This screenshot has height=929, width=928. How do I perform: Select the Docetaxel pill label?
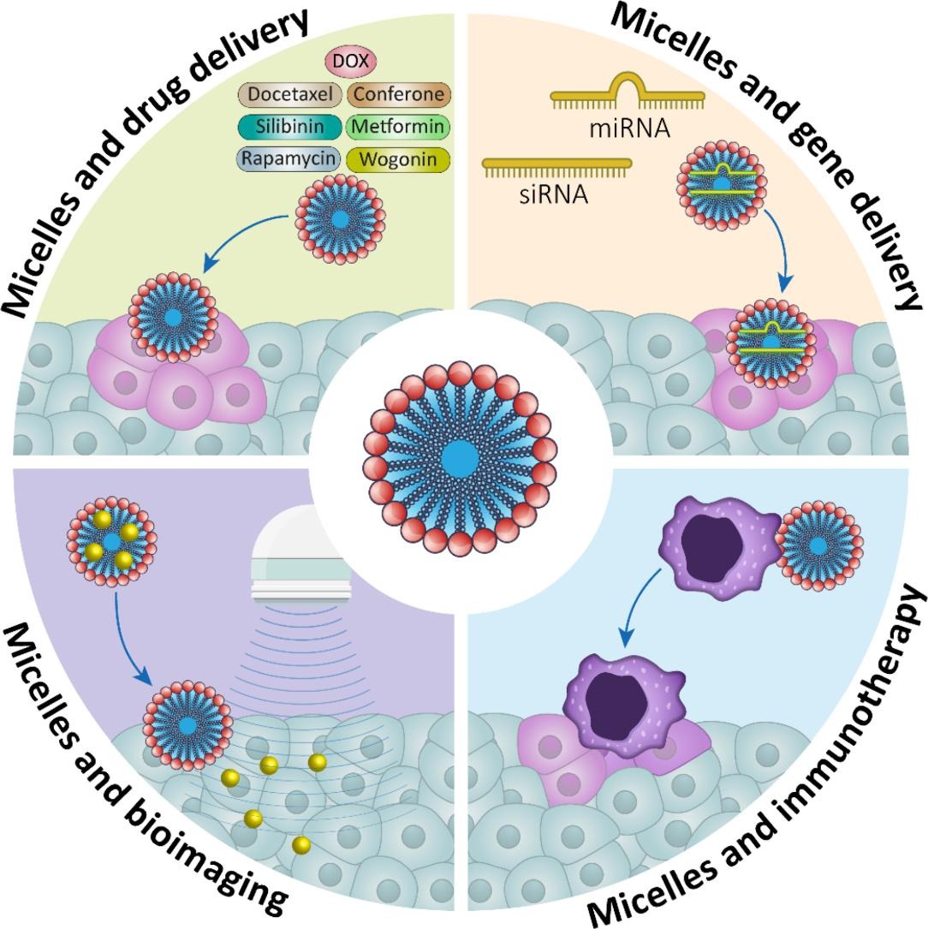pos(289,95)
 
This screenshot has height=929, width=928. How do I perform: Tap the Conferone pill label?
pos(399,95)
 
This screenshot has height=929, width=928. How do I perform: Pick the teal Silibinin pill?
pos(289,127)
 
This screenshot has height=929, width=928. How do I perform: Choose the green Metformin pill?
pos(399,127)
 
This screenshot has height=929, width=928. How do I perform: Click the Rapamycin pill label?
pos(289,158)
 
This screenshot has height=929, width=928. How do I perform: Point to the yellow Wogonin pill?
pos(399,158)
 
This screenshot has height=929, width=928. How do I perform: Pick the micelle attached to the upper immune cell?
pos(818,545)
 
